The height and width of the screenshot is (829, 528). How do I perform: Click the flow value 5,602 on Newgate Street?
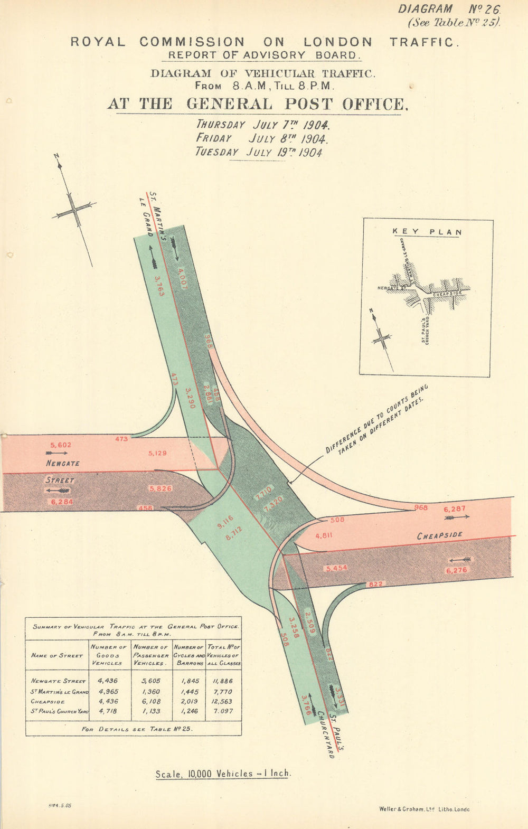pos(60,445)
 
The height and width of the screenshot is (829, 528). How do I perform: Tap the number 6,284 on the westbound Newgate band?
pos(62,502)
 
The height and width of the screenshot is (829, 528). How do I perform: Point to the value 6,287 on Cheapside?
pos(455,510)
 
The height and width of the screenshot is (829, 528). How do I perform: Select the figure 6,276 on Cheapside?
pos(457,570)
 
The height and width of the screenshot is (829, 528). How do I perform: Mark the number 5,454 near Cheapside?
pos(337,568)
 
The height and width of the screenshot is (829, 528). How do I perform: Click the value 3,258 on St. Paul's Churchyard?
pos(294,627)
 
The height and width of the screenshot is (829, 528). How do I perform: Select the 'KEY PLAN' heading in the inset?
pos(427,232)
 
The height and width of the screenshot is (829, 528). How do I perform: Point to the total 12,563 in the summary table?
pos(224,701)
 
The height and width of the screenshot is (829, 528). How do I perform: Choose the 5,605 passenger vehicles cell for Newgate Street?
pos(150,681)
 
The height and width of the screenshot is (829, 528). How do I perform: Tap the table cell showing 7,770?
pos(224,691)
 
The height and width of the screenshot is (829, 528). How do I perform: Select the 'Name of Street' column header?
pos(56,655)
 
